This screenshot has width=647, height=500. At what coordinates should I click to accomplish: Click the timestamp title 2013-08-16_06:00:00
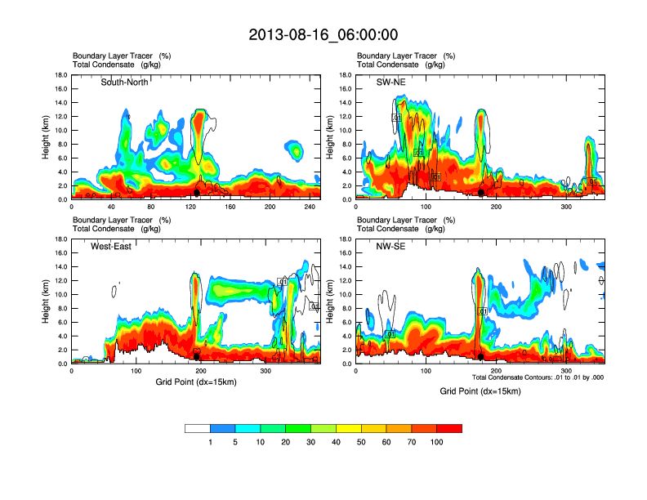coord(323,34)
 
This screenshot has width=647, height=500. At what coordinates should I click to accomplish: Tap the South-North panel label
coord(124,82)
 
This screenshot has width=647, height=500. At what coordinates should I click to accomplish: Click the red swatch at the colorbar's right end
coord(449,428)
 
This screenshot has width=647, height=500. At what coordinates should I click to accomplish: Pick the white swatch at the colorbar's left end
coord(198,428)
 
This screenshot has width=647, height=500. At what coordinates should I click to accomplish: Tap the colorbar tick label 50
coord(361,442)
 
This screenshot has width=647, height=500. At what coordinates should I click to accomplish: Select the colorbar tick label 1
coord(211,442)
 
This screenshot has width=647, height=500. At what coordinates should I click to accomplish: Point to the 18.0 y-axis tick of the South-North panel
coord(60,75)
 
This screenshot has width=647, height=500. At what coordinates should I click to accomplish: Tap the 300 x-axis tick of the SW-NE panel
coord(566,206)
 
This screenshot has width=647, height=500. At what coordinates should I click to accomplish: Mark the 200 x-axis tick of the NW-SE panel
coord(496,370)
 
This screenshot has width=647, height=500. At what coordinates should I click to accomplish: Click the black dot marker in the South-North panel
coord(197,193)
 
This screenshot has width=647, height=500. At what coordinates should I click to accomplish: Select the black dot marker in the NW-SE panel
coord(481,357)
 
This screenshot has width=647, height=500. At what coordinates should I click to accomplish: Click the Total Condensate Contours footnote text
coord(538,377)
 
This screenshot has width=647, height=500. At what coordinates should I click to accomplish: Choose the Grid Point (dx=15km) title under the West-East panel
coord(196,382)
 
